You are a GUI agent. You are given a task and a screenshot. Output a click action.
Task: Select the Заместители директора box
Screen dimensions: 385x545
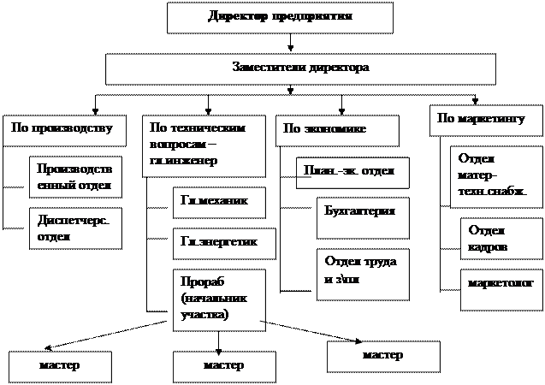pos(300,68)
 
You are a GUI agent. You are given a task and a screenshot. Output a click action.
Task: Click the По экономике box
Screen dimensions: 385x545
pos(338,130)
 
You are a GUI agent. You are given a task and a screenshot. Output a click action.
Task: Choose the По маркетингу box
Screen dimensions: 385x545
pos(484,120)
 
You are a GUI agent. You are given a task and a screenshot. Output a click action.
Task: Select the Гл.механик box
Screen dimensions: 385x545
pos(218,202)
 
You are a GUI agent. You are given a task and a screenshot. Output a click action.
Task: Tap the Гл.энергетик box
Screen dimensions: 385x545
pos(225,244)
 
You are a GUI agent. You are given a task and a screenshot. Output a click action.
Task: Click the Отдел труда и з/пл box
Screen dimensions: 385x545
pos(356,273)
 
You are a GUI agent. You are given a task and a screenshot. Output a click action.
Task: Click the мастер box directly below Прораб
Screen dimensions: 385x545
pos(224,366)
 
